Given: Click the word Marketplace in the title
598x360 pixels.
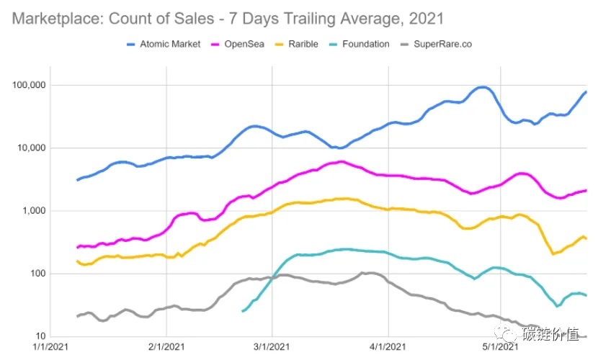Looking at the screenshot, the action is click(58, 19).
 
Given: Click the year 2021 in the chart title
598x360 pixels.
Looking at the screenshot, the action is click(427, 19).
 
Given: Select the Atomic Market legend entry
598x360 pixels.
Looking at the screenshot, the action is click(164, 44).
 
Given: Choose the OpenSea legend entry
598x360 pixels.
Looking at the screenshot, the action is click(238, 44).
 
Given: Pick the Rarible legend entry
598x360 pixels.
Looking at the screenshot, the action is click(297, 44).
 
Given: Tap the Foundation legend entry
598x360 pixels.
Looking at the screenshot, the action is click(360, 44).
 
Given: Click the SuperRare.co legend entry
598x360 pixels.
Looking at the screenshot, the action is click(437, 44).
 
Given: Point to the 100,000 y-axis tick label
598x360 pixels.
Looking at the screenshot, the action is click(29, 85).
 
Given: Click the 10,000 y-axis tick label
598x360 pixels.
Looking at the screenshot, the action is click(31, 148).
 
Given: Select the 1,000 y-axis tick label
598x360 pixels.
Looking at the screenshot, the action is click(34, 211).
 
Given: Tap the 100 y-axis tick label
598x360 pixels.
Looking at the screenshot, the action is click(37, 274).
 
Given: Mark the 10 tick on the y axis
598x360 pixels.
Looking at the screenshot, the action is click(40, 336).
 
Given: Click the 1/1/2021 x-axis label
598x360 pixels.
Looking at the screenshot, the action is click(50, 347).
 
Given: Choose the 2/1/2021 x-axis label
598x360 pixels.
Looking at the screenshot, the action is click(166, 347).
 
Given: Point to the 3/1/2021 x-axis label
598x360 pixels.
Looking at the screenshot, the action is click(272, 347).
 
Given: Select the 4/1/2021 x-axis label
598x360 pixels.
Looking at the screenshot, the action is click(388, 347).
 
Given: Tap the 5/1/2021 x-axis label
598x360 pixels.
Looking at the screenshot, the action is click(500, 347).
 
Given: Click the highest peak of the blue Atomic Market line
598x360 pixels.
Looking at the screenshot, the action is click(483, 88).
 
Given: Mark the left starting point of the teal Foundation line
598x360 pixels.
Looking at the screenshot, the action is click(243, 311).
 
